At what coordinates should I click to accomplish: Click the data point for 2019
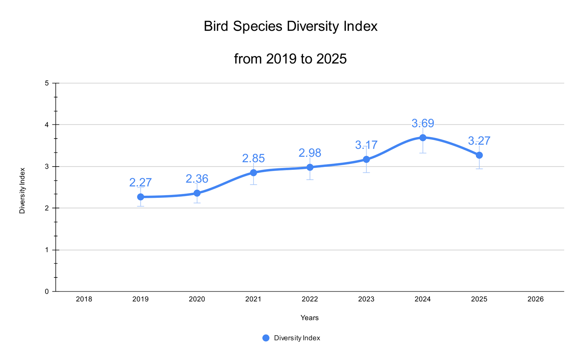(x=140, y=197)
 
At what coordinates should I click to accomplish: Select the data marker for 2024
(x=423, y=137)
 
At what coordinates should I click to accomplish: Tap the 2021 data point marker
(x=253, y=172)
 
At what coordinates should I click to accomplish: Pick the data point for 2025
(x=479, y=155)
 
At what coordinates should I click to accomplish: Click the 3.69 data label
(x=423, y=123)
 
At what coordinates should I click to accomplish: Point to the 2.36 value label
(x=197, y=179)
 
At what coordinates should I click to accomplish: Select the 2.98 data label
(x=310, y=153)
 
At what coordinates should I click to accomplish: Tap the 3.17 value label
(x=366, y=145)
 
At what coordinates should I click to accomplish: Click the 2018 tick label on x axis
(x=84, y=299)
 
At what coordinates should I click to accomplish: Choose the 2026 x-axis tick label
(x=535, y=299)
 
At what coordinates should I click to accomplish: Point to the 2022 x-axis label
(x=310, y=299)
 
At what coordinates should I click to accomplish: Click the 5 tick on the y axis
(x=47, y=83)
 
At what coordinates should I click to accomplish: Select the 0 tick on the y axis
(x=47, y=291)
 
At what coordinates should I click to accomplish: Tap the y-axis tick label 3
(x=47, y=167)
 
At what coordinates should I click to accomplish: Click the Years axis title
(x=310, y=318)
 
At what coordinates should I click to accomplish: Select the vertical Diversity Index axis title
(x=22, y=191)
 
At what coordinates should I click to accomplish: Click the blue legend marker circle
(x=266, y=338)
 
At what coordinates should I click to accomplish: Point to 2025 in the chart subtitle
(x=331, y=59)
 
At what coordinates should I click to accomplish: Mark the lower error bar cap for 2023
(x=366, y=172)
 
